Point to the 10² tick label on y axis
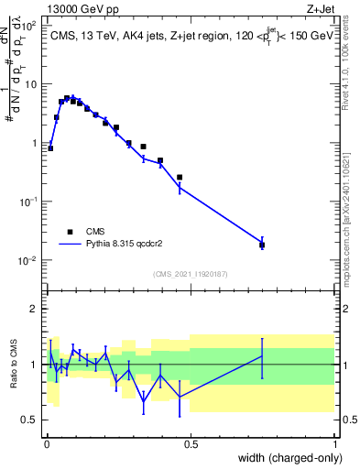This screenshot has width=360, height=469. click(x=29, y=26)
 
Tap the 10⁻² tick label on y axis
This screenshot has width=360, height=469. click(x=28, y=261)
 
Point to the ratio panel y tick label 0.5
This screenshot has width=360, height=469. click(x=30, y=420)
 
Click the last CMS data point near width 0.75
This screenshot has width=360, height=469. click(x=262, y=245)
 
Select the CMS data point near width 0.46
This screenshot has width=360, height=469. click(x=180, y=177)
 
